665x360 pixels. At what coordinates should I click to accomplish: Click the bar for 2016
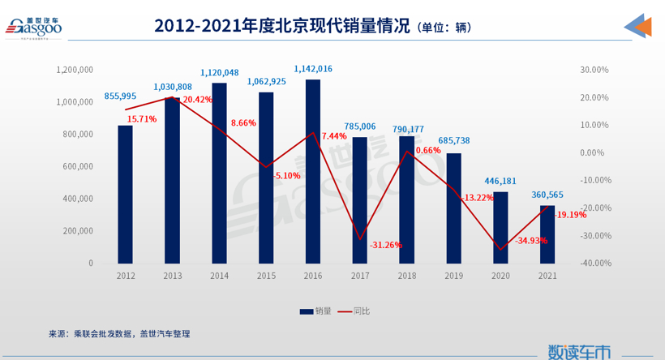click(312, 171)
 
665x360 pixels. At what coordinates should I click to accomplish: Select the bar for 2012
click(125, 195)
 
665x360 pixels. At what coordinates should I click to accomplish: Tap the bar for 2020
click(500, 228)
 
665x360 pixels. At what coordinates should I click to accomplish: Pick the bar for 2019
click(453, 208)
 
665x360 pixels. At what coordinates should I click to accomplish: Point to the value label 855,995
click(121, 96)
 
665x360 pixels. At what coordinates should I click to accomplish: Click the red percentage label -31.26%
click(385, 246)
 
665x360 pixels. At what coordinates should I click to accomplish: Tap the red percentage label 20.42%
click(197, 100)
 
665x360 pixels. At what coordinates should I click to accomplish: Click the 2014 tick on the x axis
click(219, 276)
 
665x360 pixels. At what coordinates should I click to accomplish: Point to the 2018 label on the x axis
click(406, 276)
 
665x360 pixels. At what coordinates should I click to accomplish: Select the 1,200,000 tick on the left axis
click(75, 70)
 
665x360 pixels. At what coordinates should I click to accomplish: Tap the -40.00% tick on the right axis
click(594, 264)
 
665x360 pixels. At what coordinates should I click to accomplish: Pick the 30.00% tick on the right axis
click(594, 70)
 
